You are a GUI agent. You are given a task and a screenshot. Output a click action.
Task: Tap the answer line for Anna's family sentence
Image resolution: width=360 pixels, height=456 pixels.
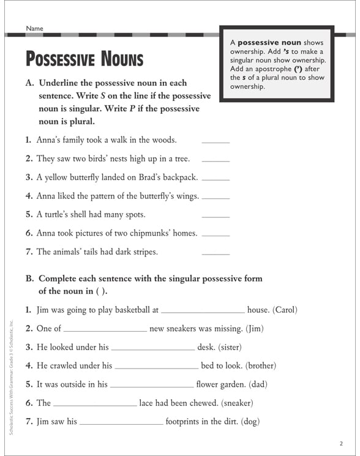pyautogui.click(x=216, y=142)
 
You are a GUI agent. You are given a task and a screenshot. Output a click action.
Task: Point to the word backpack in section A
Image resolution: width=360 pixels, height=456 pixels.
pyautogui.click(x=179, y=178)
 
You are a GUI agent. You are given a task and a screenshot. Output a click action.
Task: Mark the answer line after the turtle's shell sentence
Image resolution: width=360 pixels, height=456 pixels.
pyautogui.click(x=216, y=217)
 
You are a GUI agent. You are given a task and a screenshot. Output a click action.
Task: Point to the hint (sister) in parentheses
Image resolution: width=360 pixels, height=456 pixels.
pyautogui.click(x=229, y=347)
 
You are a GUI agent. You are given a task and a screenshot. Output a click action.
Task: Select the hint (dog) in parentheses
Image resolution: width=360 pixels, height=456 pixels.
pyautogui.click(x=250, y=421)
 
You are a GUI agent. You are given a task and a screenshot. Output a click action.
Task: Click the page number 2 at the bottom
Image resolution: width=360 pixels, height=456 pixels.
pyautogui.click(x=340, y=443)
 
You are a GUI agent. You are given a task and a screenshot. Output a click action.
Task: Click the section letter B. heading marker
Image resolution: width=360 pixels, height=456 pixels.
pyautogui.click(x=29, y=278)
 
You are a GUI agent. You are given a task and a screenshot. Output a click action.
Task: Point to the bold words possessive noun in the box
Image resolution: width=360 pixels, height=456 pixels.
pyautogui.click(x=269, y=42)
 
